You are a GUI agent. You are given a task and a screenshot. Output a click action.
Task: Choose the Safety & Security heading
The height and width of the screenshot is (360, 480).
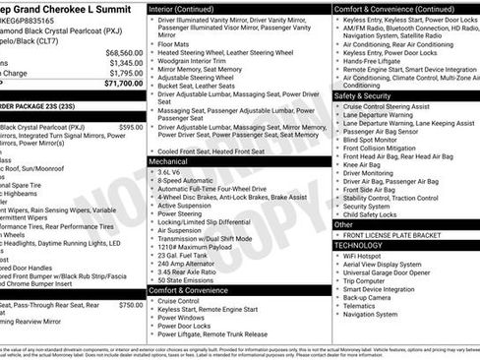coord(362,96)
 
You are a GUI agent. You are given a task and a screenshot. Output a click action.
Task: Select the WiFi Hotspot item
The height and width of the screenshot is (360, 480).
coord(368,256)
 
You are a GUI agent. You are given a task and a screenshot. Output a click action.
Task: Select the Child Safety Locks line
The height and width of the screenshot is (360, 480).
coord(378,213)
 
